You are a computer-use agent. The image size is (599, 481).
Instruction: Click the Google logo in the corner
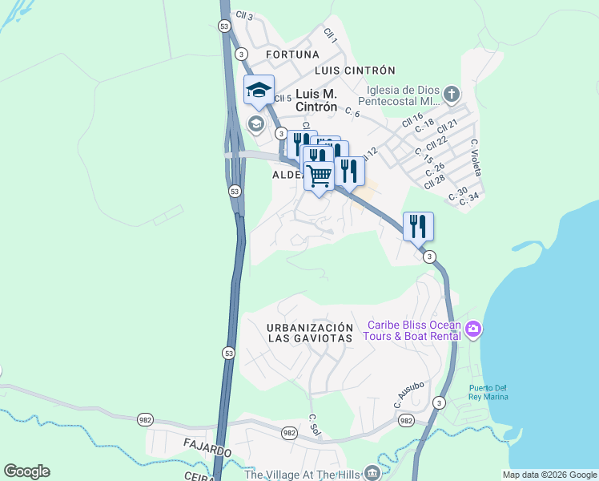[x=26, y=471]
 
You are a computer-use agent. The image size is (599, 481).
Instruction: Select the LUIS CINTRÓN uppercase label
[x=360, y=71]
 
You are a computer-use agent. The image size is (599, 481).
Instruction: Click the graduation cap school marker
[x=258, y=90]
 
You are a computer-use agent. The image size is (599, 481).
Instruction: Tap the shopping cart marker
[x=320, y=176]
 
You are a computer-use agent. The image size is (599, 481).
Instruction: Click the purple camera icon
[x=473, y=329]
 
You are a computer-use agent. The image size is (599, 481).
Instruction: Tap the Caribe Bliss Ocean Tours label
[x=413, y=330]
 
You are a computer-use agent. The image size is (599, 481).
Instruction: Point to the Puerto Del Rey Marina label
[x=488, y=392]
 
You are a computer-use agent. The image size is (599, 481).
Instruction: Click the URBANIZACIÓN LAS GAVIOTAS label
[x=310, y=333]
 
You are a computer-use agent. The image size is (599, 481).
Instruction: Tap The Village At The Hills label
[x=301, y=474]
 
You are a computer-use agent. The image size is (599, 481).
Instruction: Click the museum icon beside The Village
[x=372, y=473]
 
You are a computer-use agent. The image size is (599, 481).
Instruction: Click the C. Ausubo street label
[x=408, y=394]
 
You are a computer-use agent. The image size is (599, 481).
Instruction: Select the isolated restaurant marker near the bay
[x=418, y=226]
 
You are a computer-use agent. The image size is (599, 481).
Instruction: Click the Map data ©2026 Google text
[x=549, y=475]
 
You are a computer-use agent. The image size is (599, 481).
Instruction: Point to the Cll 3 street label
[x=244, y=16]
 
